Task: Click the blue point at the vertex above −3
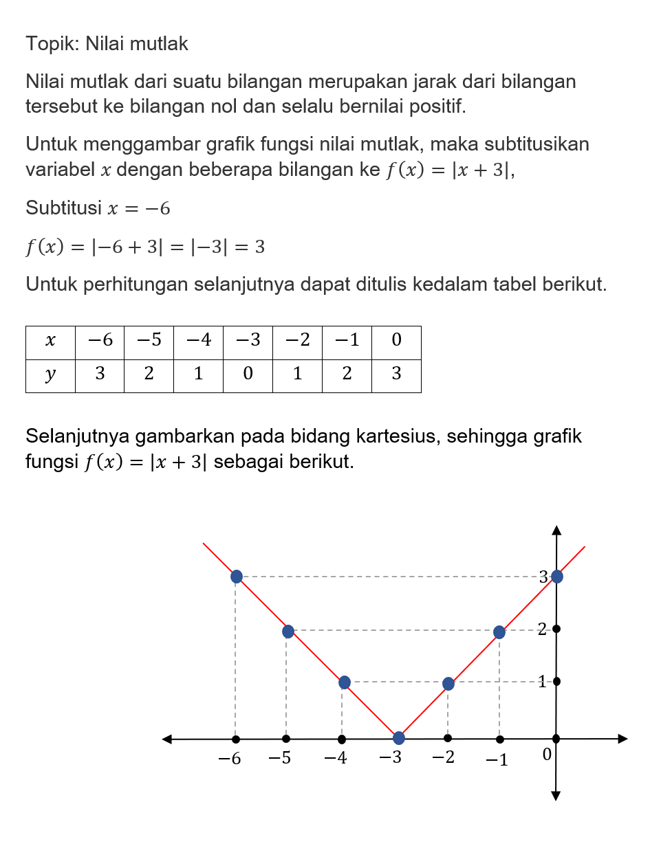pyautogui.click(x=398, y=738)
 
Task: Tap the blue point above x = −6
pyautogui.click(x=237, y=576)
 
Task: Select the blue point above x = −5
pyautogui.click(x=288, y=631)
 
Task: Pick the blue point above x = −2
pyautogui.click(x=448, y=684)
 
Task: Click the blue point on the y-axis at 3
pyautogui.click(x=557, y=576)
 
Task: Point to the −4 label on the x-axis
pyautogui.click(x=336, y=759)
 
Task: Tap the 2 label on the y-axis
pyautogui.click(x=542, y=629)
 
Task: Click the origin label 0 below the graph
pyautogui.click(x=547, y=755)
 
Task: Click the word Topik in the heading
pyautogui.click(x=53, y=44)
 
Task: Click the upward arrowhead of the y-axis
pyautogui.click(x=556, y=530)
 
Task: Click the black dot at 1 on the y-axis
pyautogui.click(x=556, y=681)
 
